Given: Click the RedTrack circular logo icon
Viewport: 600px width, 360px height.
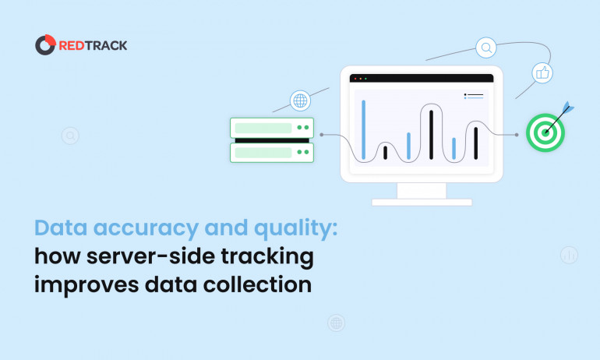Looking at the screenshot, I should click(45, 45).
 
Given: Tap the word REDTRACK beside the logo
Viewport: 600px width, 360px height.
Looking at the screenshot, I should click(93, 45).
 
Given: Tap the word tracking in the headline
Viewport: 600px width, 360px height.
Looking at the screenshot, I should click(271, 256).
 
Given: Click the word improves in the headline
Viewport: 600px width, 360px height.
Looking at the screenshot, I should click(86, 284).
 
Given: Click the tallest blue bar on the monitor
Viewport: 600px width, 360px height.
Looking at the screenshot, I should click(363, 129).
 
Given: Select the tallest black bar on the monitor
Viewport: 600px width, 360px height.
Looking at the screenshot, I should click(431, 134).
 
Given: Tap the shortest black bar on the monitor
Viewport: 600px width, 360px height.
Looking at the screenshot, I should click(385, 152).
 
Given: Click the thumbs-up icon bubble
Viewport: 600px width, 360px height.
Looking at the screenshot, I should click(542, 73).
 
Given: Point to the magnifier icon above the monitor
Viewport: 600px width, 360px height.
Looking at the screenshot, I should click(486, 48).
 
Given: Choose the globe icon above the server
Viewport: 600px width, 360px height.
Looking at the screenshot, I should click(300, 101).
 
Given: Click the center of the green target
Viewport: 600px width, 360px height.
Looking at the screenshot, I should click(545, 132).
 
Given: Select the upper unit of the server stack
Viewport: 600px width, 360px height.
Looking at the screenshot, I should click(271, 127).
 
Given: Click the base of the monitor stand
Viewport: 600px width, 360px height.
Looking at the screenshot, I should click(422, 202).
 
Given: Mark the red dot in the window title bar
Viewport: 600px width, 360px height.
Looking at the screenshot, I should click(354, 78).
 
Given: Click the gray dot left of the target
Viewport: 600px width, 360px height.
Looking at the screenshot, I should click(516, 134).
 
